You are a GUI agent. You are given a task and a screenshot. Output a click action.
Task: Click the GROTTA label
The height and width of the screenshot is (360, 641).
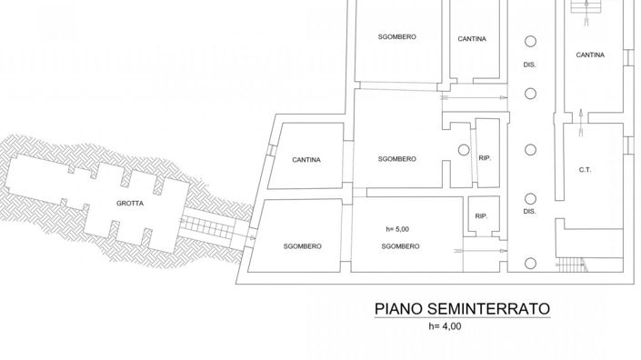(x=128, y=204)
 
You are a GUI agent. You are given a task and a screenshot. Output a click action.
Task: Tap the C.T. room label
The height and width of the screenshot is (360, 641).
(x=585, y=169)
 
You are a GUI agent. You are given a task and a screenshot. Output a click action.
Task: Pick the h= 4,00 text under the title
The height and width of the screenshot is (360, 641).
(x=445, y=325)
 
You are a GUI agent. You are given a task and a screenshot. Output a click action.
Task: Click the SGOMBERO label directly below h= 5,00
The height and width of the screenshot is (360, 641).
(x=399, y=246)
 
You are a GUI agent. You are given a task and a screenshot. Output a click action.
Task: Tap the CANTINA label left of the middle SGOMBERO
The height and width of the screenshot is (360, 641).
(x=306, y=160)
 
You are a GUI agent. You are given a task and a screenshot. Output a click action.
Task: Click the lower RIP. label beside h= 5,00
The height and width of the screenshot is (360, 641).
(x=481, y=215)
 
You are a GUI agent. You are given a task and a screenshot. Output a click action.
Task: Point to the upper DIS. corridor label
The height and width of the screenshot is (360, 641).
(x=529, y=65)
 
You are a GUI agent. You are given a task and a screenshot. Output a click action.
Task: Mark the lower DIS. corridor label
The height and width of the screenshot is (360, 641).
(x=530, y=211)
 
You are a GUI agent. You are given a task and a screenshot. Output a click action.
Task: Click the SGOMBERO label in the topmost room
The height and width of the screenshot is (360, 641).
(x=397, y=36)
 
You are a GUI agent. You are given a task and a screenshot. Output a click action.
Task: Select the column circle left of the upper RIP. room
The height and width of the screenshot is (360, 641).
(x=463, y=148)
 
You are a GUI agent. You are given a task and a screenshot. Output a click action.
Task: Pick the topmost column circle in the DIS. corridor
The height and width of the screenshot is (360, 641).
(x=529, y=40)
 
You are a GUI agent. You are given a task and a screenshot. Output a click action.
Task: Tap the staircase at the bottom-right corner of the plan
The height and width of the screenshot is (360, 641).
(x=570, y=265)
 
